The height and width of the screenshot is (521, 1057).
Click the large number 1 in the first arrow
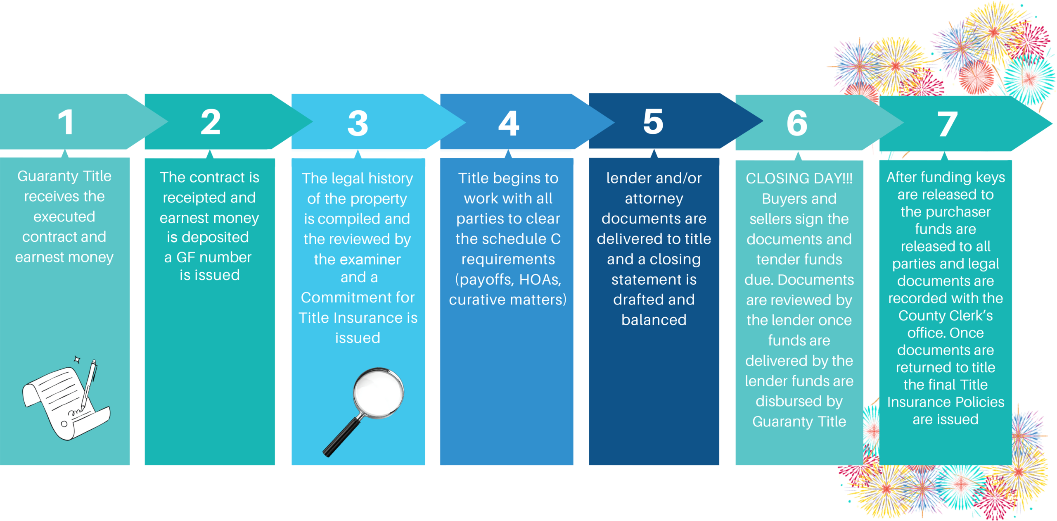(x=66, y=123)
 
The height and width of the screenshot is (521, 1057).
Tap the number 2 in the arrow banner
(x=211, y=122)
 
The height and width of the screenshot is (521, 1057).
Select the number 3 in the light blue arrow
(x=358, y=124)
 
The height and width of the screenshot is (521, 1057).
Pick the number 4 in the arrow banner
(x=509, y=124)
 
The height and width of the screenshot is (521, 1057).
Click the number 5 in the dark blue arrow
(x=653, y=122)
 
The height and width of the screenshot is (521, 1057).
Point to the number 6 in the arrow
(x=797, y=124)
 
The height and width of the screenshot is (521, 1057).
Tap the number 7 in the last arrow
(x=948, y=124)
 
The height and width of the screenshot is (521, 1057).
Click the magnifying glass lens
(x=379, y=392)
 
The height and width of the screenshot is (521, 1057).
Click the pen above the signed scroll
(x=90, y=382)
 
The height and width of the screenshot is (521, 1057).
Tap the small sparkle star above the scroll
(x=77, y=360)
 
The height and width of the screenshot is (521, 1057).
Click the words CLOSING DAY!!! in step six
(x=799, y=178)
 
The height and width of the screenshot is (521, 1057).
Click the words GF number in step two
(x=214, y=257)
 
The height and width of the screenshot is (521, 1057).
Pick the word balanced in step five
(x=654, y=320)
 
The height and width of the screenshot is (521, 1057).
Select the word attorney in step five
(x=654, y=199)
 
